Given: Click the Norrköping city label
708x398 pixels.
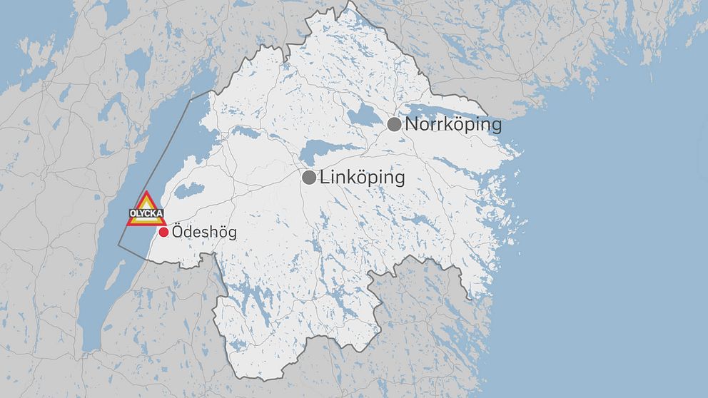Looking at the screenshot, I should [453, 125].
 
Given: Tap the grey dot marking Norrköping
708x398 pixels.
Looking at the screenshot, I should [394, 125].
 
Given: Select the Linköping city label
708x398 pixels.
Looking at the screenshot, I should [362, 178].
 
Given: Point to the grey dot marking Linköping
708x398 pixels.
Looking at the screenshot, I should [309, 178].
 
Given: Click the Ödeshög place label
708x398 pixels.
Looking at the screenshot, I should [204, 233].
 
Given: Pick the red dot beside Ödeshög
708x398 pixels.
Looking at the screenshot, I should [163, 233].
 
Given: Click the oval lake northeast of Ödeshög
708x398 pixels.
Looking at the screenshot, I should [188, 190].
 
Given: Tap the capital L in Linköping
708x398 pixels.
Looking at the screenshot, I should [324, 178].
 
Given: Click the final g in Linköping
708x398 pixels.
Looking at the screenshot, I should [398, 180].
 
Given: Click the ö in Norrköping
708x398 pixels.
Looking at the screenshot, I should [462, 125].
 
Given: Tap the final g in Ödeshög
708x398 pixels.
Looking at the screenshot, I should [231, 235].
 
